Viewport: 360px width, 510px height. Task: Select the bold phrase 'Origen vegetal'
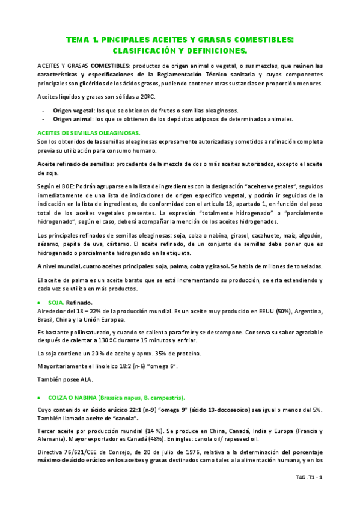click(x=73, y=111)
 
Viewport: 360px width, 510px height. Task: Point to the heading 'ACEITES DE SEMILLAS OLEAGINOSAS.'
click(x=88, y=132)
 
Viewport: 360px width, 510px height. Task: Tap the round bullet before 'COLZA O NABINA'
click(x=40, y=398)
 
